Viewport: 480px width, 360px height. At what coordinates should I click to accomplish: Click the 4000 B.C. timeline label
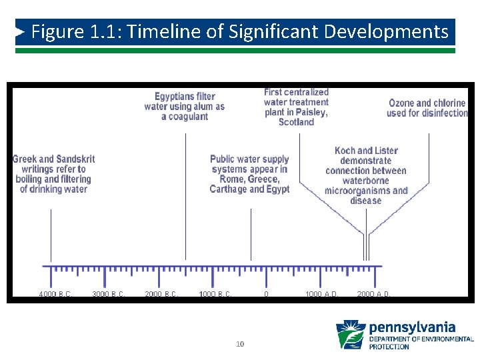[x=55, y=294]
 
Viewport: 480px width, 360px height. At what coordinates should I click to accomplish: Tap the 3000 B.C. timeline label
[x=109, y=294]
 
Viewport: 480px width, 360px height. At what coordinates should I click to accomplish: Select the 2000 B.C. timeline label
[x=161, y=294]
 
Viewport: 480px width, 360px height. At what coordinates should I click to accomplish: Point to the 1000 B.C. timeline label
[x=215, y=294]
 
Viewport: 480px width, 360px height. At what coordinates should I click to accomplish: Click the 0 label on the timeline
[x=266, y=294]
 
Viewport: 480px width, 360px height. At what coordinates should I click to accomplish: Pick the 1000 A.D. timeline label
[x=321, y=294]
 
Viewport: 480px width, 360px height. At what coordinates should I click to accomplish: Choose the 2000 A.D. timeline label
[x=374, y=294]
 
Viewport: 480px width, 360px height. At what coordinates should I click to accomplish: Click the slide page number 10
[x=240, y=344]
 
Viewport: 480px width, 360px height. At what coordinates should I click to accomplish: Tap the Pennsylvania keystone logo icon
[x=350, y=335]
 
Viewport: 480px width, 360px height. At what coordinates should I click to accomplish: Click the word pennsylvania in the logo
[x=412, y=327]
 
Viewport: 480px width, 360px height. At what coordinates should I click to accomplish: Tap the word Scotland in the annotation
[x=296, y=122]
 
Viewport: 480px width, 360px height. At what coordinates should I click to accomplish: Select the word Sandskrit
[x=75, y=159]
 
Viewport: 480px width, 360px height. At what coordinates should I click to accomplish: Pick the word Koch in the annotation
[x=345, y=151]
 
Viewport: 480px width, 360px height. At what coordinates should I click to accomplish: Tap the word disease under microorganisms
[x=365, y=201]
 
